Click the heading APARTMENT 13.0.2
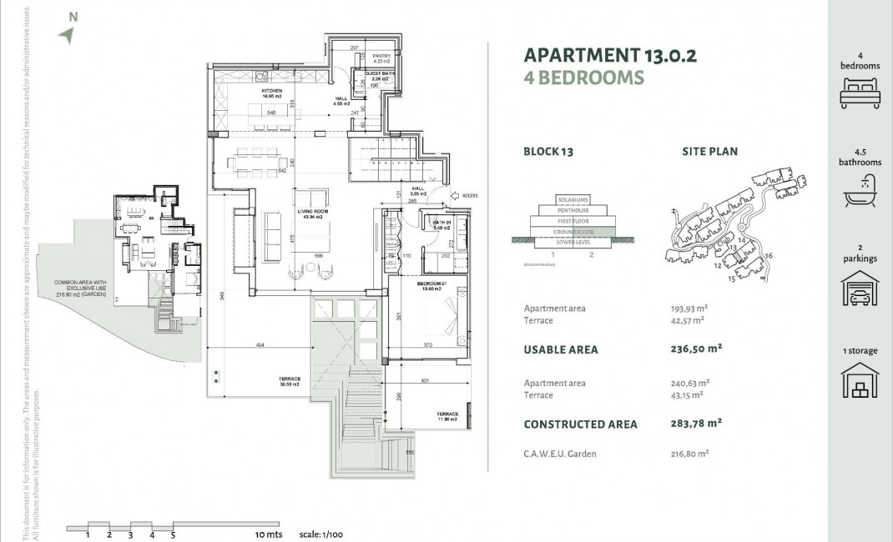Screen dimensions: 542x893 coord(609,56)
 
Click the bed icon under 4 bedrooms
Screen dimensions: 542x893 coord(860,91)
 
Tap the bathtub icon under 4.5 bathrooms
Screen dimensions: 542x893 coord(860,196)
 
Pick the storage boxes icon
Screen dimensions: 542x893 coord(860,381)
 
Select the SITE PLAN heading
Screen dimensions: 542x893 coord(709,152)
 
